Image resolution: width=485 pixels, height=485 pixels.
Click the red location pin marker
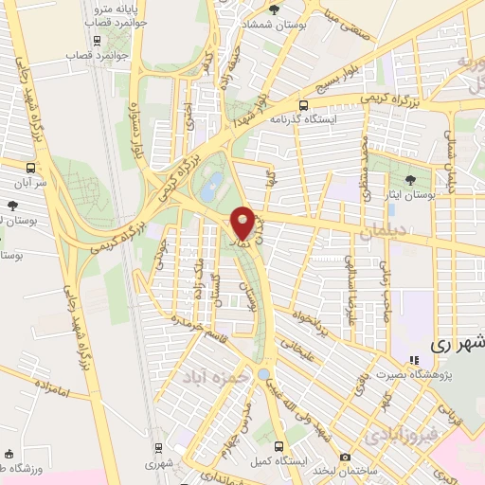click(243, 223)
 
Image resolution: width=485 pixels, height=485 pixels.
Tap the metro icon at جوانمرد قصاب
click(97, 41)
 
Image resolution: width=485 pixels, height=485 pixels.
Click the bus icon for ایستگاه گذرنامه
click(303, 106)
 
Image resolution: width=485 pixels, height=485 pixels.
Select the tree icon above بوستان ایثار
click(410, 179)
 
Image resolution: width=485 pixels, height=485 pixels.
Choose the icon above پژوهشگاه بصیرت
click(413, 359)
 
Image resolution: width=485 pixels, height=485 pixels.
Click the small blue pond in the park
click(215, 181)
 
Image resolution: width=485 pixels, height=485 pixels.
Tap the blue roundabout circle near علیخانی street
click(262, 375)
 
